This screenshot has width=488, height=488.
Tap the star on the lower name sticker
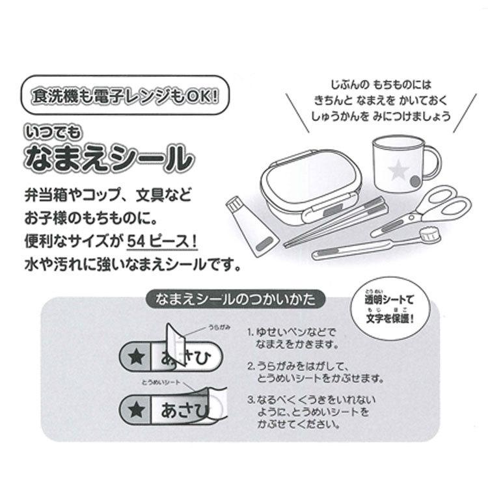click(135, 411)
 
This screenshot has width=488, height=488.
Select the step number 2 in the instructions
click(250, 366)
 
